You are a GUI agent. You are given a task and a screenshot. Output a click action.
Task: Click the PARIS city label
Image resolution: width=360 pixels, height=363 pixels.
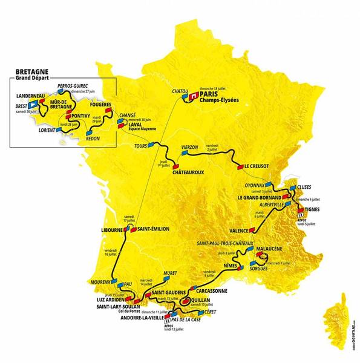tap(211, 94)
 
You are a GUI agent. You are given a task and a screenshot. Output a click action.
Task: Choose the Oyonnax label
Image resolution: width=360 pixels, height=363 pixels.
tap(254, 185)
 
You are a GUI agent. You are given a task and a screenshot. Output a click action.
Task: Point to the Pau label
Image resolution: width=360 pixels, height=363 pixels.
tap(128, 283)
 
